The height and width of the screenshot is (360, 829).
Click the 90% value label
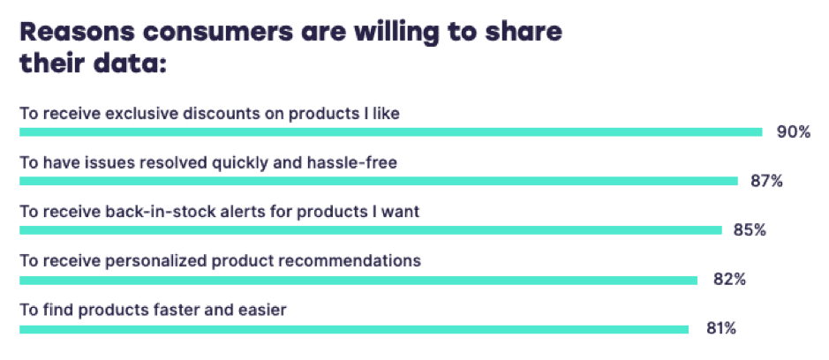click(x=793, y=132)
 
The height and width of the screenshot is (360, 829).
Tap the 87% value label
click(x=766, y=182)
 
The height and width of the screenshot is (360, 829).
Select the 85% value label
click(x=749, y=230)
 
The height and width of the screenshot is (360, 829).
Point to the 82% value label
click(x=729, y=280)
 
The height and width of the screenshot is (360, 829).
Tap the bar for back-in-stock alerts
click(x=370, y=230)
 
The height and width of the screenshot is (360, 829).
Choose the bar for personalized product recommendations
click(x=358, y=280)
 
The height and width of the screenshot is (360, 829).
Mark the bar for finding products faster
click(x=353, y=329)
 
